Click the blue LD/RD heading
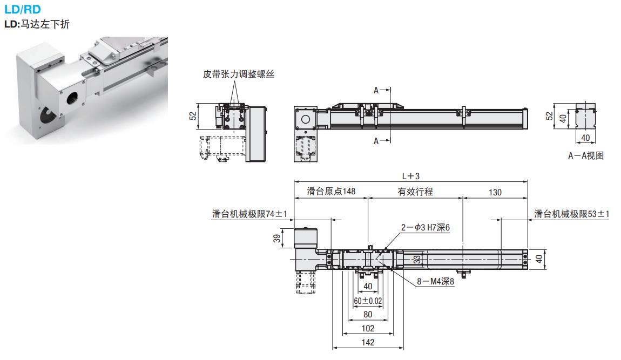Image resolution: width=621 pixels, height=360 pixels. pos(22,9)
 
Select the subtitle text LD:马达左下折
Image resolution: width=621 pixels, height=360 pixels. pos(37,24)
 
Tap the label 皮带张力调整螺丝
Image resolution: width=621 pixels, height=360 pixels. pos(239,74)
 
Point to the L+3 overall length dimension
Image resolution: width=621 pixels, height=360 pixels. pos(411,176)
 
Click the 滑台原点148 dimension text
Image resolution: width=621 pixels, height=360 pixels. pos(331,192)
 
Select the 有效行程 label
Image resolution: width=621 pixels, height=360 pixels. pos(415,192)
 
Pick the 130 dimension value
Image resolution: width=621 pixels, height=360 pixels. pos(495,192)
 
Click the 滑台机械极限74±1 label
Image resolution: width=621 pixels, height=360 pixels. pos(249,214)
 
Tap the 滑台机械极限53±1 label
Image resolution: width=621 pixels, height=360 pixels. pos(572,214)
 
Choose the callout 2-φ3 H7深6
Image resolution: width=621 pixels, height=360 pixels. pos(425,228)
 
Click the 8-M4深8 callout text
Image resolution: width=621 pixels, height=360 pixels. pos(435,281)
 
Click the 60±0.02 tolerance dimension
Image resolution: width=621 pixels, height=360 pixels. pos(368,300)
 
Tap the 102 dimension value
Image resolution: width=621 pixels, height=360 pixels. pos(367,328)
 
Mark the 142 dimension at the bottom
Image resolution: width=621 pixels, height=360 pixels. pos(367,342)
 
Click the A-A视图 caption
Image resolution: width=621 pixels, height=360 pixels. pos(585,155)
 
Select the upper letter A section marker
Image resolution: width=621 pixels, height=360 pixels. pos(376,90)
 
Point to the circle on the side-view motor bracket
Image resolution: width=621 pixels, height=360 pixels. pos(305,119)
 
